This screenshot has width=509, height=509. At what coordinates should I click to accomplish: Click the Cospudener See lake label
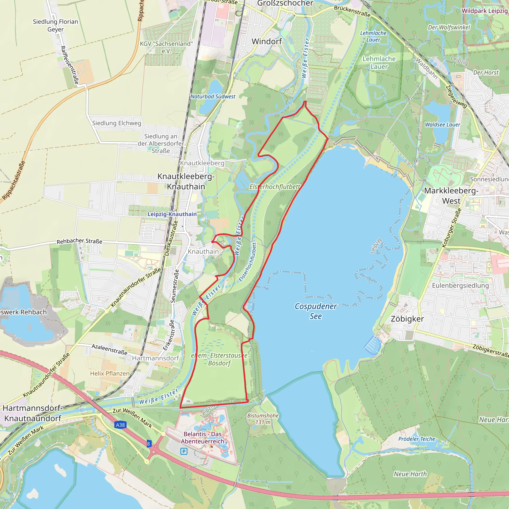[x=315, y=311]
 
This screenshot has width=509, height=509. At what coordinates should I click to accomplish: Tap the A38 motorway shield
[x=120, y=425]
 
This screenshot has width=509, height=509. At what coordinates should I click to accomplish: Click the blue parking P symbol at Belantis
[x=184, y=452]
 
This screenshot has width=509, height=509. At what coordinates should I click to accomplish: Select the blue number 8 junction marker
[x=149, y=444]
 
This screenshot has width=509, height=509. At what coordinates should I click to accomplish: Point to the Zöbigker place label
[x=407, y=319]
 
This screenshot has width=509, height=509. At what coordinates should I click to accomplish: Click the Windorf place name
[x=267, y=41]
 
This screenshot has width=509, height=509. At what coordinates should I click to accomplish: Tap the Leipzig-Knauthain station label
[x=172, y=214]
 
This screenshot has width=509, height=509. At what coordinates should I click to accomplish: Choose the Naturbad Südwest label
[x=213, y=96]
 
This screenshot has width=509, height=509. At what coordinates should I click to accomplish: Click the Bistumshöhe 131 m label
[x=263, y=419]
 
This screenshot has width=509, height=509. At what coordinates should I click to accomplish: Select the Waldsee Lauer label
[x=443, y=125]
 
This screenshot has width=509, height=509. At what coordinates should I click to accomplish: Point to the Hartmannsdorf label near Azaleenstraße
[x=155, y=358]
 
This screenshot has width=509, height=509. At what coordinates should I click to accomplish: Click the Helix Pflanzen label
[x=110, y=373]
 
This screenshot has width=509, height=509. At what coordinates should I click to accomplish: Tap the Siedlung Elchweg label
[x=117, y=123]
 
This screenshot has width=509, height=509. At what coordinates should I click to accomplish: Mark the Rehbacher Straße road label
[x=79, y=241]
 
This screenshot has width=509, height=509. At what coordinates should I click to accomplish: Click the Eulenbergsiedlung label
[x=460, y=286]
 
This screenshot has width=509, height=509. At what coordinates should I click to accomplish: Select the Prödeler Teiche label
[x=417, y=439]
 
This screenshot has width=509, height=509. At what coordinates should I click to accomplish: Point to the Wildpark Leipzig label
[x=484, y=11]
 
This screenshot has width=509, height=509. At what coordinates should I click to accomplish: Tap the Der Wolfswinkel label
[x=449, y=27]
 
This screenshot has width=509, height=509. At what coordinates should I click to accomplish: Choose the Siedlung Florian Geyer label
[x=55, y=25]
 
